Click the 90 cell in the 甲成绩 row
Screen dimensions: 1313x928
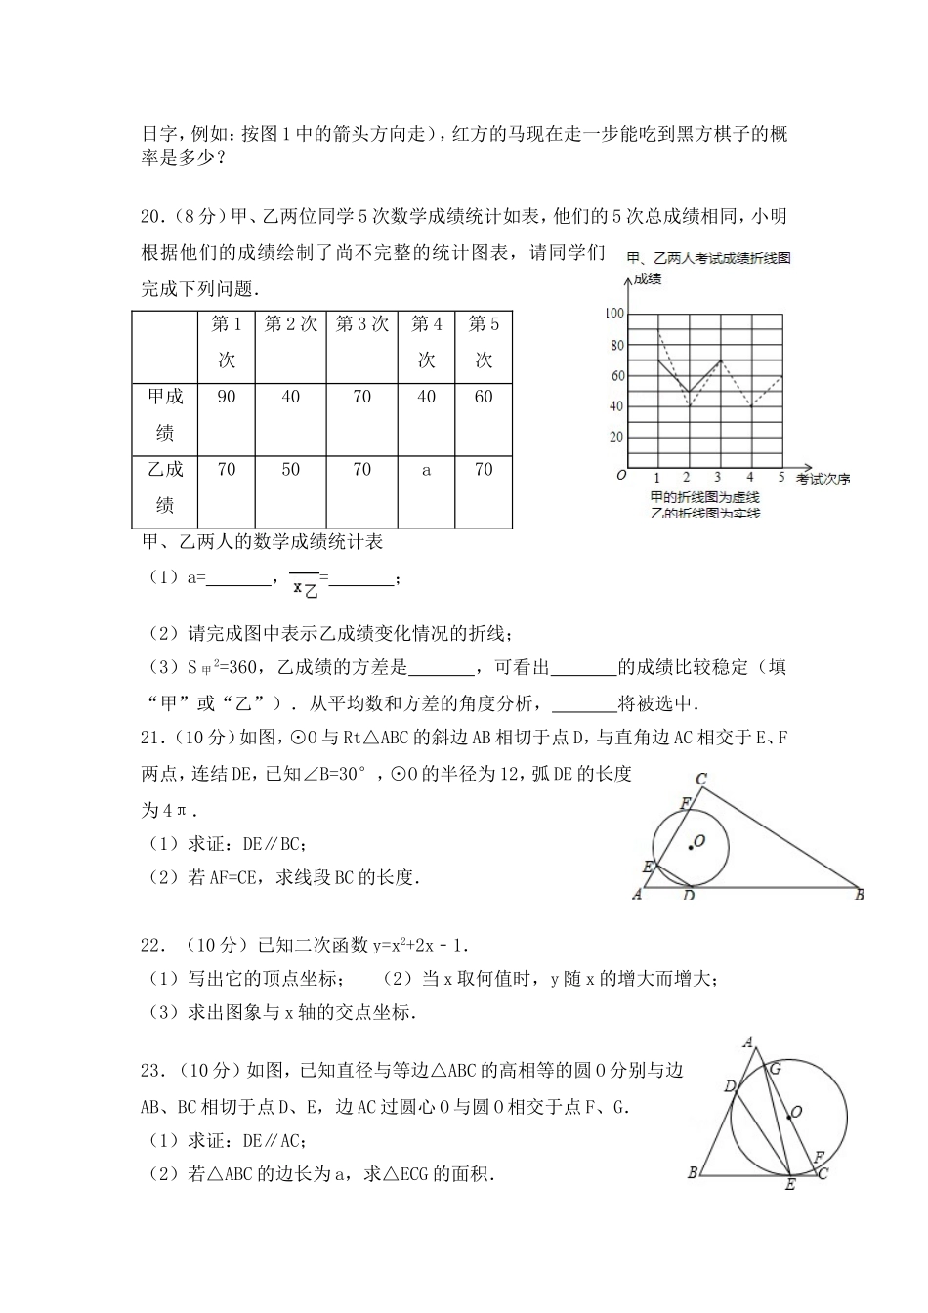(x=227, y=397)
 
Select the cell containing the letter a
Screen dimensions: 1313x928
(x=426, y=470)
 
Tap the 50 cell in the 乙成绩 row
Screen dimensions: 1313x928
(x=290, y=470)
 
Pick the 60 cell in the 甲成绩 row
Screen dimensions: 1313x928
(x=484, y=397)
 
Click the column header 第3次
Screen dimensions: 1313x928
(x=361, y=324)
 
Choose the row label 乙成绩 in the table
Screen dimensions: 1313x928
(x=165, y=487)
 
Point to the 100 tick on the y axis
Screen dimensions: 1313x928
(x=613, y=314)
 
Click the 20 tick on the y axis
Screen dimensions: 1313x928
(x=615, y=437)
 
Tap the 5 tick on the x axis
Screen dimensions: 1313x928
(x=780, y=478)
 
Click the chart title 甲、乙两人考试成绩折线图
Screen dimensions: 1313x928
(x=707, y=258)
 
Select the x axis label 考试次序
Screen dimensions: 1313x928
(x=823, y=479)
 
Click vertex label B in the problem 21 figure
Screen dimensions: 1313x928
(x=860, y=894)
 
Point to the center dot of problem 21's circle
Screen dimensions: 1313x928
(x=691, y=847)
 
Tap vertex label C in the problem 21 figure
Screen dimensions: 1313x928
(x=700, y=780)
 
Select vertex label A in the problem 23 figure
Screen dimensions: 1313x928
(x=748, y=1041)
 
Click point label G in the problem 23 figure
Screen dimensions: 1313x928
(x=776, y=1069)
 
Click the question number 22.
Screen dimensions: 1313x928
(x=151, y=945)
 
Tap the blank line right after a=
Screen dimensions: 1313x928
(x=239, y=578)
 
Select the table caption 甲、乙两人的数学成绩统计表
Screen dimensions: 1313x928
(x=263, y=541)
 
